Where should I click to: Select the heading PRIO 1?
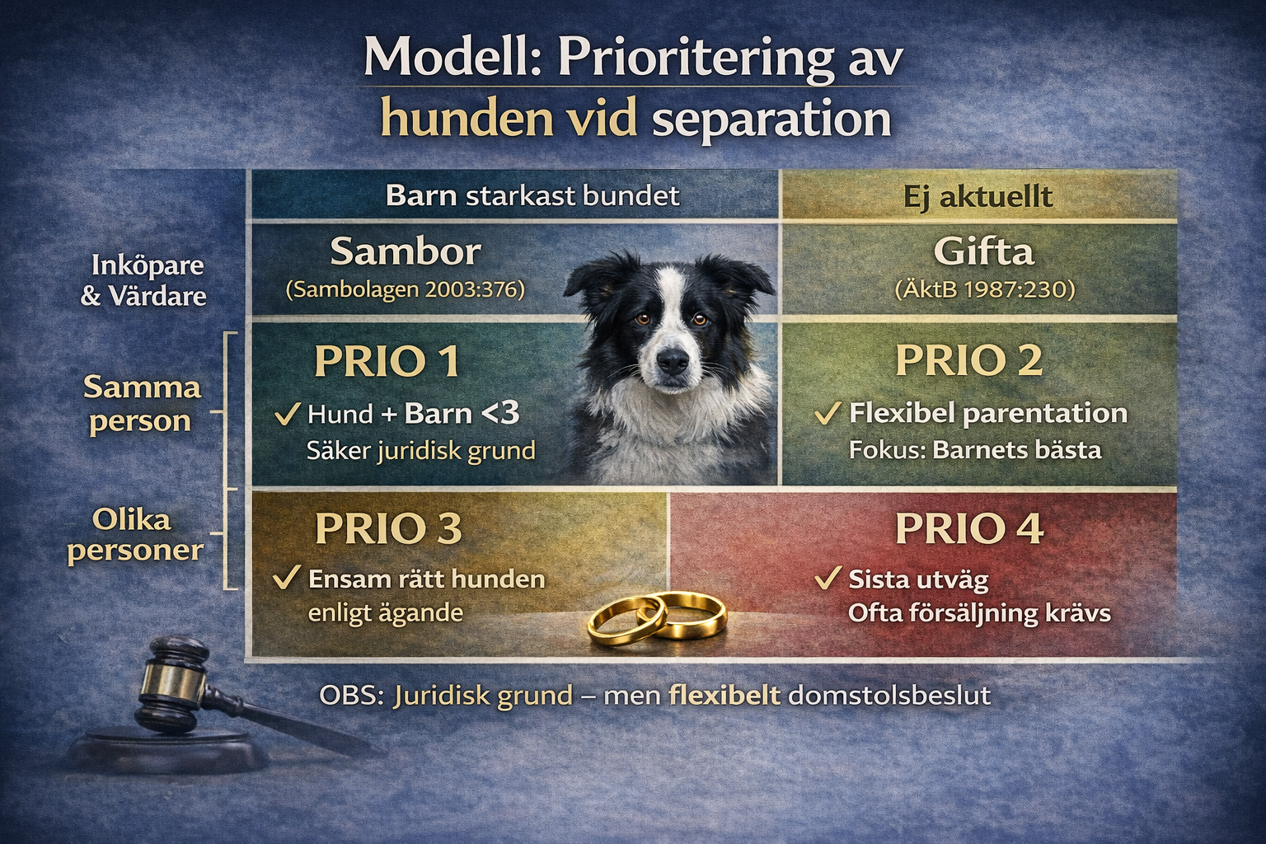pyautogui.click(x=387, y=361)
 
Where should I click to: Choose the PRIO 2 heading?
pyautogui.click(x=968, y=360)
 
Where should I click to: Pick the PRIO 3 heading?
pyautogui.click(x=388, y=528)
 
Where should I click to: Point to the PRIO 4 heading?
pyautogui.click(x=969, y=528)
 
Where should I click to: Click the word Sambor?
pyautogui.click(x=406, y=251)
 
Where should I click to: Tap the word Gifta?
pyautogui.click(x=984, y=251)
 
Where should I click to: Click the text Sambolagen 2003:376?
pyautogui.click(x=406, y=290)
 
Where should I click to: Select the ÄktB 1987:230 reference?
pyautogui.click(x=985, y=289)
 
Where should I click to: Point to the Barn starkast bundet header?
pyautogui.click(x=532, y=195)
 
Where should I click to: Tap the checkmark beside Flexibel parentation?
pyautogui.click(x=827, y=413)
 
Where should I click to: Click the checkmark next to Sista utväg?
pyautogui.click(x=827, y=579)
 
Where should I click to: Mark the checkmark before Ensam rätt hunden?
pyautogui.click(x=286, y=579)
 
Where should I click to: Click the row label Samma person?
pyautogui.click(x=142, y=404)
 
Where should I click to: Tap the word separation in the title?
pyautogui.click(x=771, y=119)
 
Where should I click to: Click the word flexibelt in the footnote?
pyautogui.click(x=724, y=695)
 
